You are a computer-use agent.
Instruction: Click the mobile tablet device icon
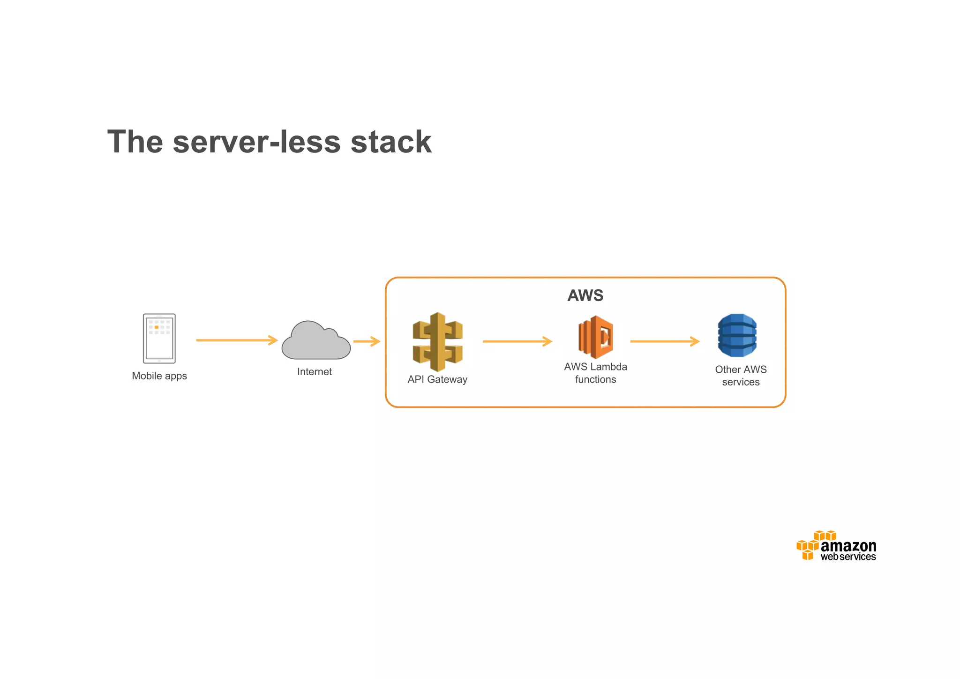pos(159,339)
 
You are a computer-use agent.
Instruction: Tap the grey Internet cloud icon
pos(316,341)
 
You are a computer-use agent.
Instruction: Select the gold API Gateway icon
pos(437,342)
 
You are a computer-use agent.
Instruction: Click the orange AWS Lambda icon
pos(596,337)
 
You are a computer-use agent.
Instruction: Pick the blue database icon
pos(737,335)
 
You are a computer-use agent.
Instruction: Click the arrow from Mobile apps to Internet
pos(237,340)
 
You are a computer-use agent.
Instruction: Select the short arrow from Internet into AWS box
pos(367,341)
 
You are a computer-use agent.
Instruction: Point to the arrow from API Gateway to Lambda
pos(517,341)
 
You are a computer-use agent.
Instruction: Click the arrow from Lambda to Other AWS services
pos(665,341)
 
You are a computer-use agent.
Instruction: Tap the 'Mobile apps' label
pos(159,376)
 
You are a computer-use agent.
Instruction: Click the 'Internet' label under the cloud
pos(315,372)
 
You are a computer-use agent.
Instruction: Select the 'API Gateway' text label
pos(437,379)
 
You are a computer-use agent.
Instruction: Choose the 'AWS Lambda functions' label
pos(596,373)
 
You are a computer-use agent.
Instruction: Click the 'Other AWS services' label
pos(741,376)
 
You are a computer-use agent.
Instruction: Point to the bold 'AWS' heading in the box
pos(585,295)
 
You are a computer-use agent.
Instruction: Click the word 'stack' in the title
pos(391,142)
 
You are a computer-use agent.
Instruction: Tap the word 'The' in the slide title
pos(135,142)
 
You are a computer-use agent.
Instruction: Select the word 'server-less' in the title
pos(256,142)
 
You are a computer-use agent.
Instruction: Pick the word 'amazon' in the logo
pos(848,546)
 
